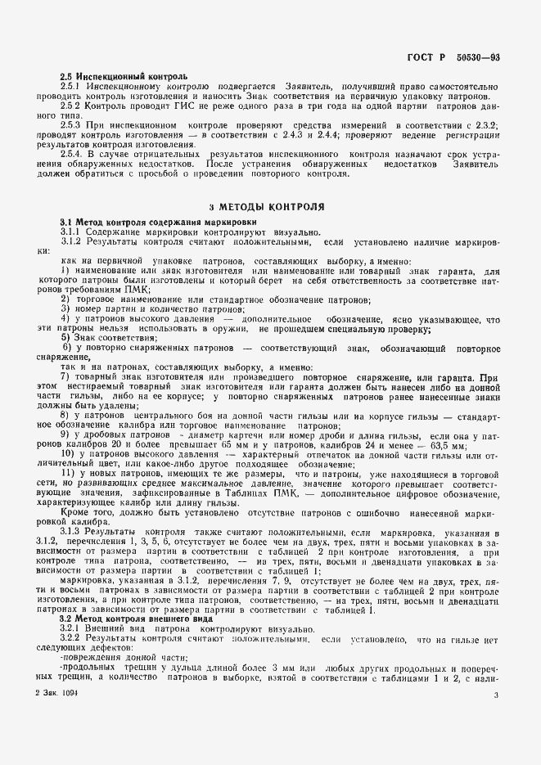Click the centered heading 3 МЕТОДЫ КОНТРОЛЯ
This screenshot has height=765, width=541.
coord(266,208)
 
